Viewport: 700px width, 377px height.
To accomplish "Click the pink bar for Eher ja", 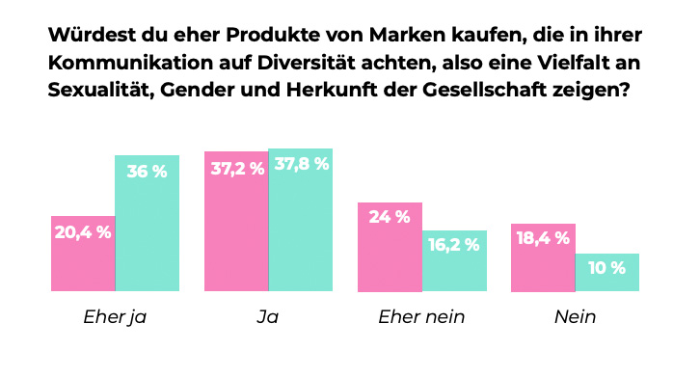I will (x=83, y=253).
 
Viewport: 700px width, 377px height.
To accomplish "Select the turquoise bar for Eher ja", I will (x=148, y=223).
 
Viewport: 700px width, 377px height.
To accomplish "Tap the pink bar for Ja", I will (x=236, y=221).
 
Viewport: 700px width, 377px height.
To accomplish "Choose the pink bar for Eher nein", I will (x=390, y=247).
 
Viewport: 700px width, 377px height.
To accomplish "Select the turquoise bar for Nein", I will (x=607, y=272).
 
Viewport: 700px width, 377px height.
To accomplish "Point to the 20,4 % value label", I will (x=83, y=231).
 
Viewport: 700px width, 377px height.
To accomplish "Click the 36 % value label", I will (x=148, y=172).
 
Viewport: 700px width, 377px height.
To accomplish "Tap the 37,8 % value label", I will (x=301, y=164).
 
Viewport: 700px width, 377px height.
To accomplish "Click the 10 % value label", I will (x=607, y=268).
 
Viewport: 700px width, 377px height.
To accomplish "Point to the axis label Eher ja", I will (x=115, y=316).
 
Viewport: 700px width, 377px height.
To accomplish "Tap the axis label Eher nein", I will (x=421, y=316).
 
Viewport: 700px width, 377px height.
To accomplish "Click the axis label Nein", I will (x=575, y=316).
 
